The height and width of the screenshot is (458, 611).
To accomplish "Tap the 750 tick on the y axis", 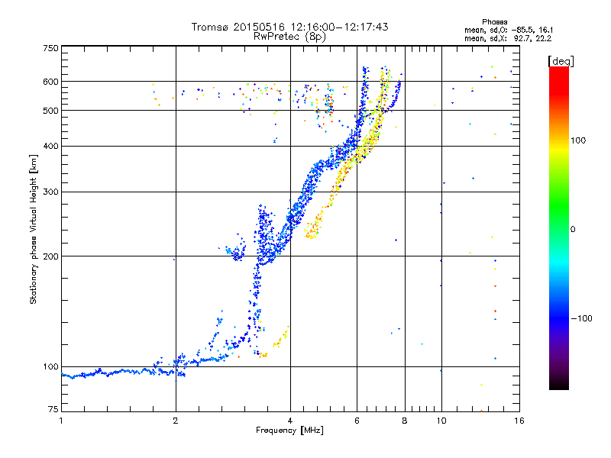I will tap(51, 48).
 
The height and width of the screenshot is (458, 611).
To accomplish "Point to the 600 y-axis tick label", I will tap(51, 82).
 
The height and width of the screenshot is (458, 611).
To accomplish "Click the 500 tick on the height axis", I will tap(51, 111).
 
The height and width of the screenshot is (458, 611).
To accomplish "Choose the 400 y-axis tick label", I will tap(51, 147).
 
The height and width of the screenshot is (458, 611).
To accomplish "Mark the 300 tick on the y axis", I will tap(51, 192).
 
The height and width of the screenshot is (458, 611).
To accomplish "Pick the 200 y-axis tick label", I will tap(51, 256).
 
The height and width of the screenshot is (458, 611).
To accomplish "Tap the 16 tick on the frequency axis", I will tap(519, 421).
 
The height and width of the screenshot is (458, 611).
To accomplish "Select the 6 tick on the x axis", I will tap(357, 421).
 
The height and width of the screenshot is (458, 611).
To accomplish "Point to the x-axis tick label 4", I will tap(290, 421).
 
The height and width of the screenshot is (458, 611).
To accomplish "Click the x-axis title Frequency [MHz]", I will tap(289, 431).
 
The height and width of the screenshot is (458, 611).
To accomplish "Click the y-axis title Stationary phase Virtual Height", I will tap(34, 229).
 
